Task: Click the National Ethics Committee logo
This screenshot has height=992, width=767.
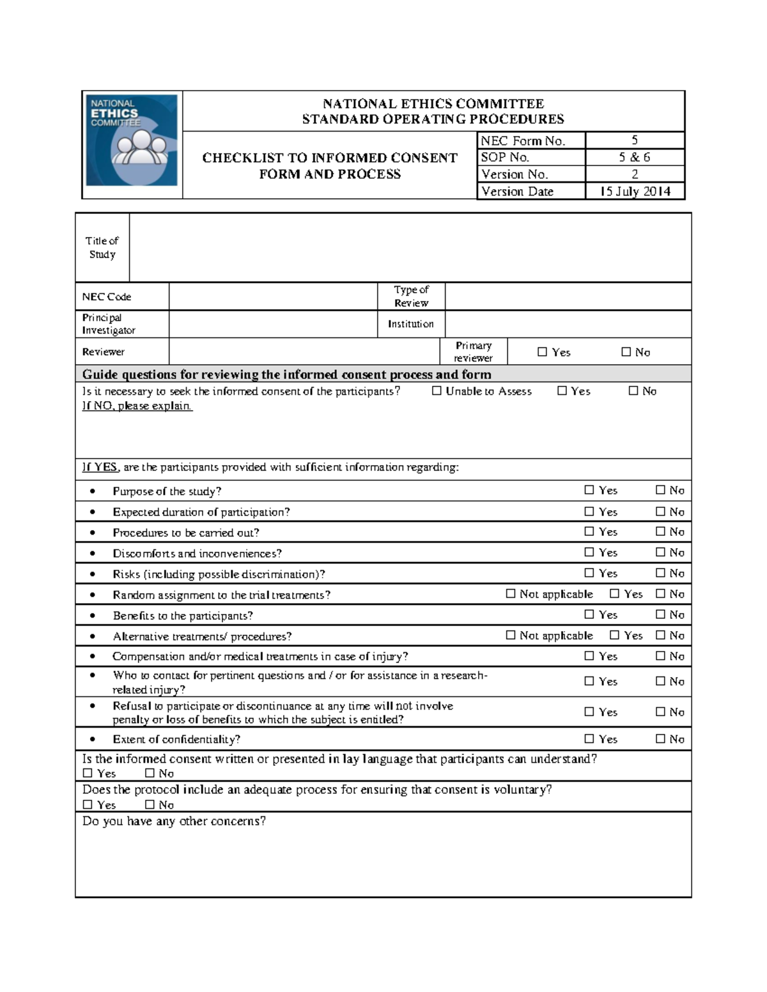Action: (132, 141)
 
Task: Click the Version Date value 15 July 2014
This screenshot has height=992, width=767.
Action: (635, 191)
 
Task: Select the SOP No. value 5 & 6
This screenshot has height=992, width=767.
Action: (634, 157)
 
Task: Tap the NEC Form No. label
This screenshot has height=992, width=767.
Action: (523, 141)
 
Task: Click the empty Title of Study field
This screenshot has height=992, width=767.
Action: (409, 248)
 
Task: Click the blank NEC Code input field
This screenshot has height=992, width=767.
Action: (273, 297)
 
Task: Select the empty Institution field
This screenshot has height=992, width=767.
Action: (568, 324)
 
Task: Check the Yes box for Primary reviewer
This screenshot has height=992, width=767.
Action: (543, 352)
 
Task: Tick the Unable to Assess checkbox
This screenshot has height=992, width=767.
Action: (437, 391)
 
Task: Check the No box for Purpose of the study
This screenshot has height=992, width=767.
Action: (661, 490)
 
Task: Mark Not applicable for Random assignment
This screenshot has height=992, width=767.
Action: (511, 594)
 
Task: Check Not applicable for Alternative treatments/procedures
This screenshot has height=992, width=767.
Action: (511, 636)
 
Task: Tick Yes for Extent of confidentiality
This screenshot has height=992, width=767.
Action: (589, 739)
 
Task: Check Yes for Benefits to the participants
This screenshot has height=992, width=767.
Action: (589, 614)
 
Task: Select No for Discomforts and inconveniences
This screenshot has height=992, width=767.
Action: (661, 553)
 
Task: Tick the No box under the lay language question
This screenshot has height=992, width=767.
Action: (150, 774)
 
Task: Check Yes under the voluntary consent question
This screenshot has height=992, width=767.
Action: (88, 805)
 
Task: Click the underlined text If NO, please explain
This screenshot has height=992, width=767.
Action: (137, 406)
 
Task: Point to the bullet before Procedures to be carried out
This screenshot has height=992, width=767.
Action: (93, 533)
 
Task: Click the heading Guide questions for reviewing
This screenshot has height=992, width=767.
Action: (286, 374)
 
